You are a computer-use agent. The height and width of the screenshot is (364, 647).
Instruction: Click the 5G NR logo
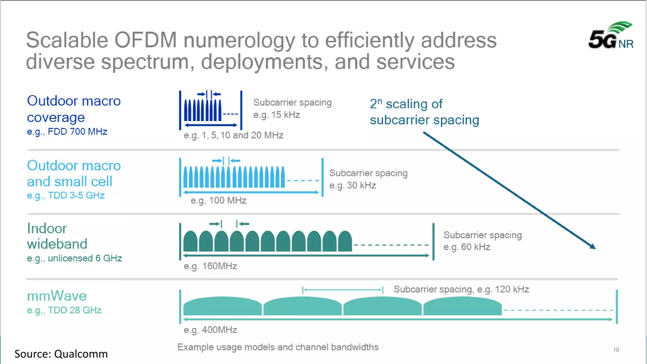pos(611,35)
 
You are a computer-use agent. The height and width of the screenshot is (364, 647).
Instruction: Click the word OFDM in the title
pos(145,40)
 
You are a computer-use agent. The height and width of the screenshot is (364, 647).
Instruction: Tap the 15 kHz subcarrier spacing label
pos(292,108)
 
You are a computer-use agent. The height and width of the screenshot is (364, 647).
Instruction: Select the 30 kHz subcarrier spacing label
pos(368,179)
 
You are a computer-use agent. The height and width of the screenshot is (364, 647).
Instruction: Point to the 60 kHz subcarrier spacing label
pos(482,241)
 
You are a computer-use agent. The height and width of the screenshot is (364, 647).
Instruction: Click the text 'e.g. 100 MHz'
pos(218,201)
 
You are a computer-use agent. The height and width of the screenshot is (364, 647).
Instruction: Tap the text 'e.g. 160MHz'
pos(210,266)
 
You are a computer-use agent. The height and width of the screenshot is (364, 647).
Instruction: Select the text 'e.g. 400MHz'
pos(210,330)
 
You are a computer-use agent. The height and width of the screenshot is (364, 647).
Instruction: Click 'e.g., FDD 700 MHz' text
pos(67,132)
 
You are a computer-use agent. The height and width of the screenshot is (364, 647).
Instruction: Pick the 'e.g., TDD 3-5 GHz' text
pos(66,196)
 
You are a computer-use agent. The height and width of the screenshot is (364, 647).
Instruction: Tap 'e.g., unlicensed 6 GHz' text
pos(74,258)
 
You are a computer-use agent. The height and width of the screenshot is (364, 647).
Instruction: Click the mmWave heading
pos(57,296)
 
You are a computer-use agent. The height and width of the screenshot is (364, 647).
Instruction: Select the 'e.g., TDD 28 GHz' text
pos(64,310)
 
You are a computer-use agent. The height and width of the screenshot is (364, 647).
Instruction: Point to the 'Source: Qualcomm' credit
pos(61,354)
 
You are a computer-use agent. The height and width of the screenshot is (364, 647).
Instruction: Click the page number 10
pos(616,350)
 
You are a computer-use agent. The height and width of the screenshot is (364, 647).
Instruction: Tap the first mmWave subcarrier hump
pos(222,306)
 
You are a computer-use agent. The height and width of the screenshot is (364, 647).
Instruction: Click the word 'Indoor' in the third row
pos(47,228)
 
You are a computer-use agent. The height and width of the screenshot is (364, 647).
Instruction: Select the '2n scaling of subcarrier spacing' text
pos(424,112)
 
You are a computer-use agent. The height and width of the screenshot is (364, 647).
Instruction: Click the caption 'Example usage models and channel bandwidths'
pos(278,347)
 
